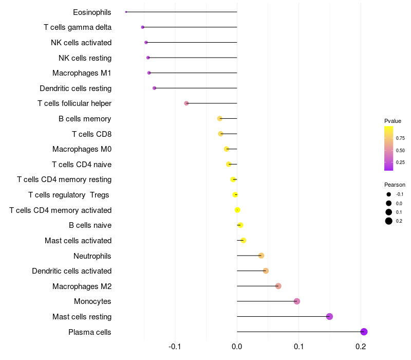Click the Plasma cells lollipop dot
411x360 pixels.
(x=364, y=332)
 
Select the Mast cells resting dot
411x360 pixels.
(x=329, y=316)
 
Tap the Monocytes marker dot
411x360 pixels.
(x=296, y=301)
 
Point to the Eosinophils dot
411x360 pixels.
(x=126, y=12)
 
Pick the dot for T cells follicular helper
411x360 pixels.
(x=186, y=103)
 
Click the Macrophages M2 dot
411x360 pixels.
(x=278, y=286)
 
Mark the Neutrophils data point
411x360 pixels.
(x=261, y=256)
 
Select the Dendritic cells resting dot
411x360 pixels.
(x=154, y=88)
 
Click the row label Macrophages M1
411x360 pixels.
(x=82, y=73)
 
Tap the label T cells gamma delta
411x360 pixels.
(x=78, y=27)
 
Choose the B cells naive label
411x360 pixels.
(x=90, y=225)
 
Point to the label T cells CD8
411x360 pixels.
(x=91, y=134)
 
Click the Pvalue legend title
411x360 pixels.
(x=393, y=121)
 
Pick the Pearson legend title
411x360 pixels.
(x=395, y=185)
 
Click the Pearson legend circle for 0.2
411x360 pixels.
(x=389, y=221)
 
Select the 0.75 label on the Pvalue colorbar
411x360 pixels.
(x=400, y=138)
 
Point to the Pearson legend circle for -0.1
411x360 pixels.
(x=389, y=194)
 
